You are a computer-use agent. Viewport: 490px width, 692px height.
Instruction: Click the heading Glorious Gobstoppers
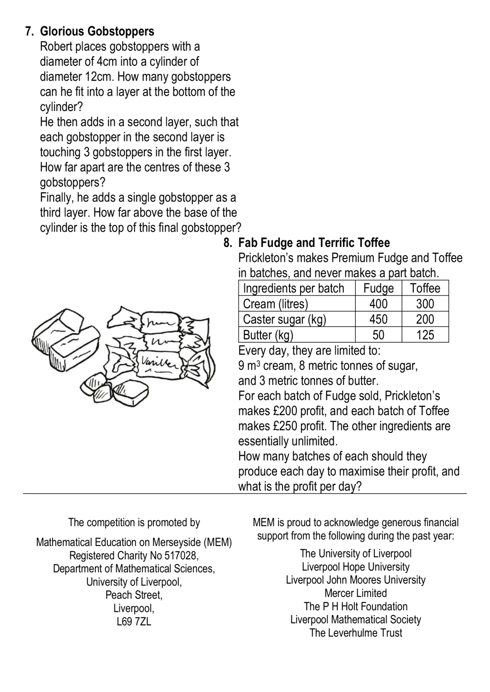97,31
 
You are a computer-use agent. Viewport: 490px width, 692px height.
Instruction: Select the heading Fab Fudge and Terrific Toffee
314,242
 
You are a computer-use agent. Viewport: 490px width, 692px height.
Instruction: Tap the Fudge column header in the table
378,289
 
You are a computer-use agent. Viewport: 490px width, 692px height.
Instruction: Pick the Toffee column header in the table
425,289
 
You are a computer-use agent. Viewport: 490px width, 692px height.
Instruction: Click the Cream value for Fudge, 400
378,304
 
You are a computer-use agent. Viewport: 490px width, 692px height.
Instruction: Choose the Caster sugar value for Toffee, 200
425,319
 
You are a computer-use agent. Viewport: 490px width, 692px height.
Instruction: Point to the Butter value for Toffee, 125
425,335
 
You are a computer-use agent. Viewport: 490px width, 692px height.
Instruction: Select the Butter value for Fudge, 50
378,335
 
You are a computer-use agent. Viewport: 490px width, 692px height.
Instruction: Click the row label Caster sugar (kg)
284,319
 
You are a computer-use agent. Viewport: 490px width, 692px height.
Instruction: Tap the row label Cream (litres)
275,304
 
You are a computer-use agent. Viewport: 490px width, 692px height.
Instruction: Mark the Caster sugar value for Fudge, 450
378,319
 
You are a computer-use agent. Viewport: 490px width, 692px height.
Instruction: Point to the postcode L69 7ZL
134,621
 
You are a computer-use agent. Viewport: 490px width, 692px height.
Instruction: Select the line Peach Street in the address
134,595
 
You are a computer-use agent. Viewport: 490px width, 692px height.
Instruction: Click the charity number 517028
181,556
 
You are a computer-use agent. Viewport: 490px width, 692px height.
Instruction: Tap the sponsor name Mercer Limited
356,593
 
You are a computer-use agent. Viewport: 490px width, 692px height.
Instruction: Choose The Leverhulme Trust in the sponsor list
356,633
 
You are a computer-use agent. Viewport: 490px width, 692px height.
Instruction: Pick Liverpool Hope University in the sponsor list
356,567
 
